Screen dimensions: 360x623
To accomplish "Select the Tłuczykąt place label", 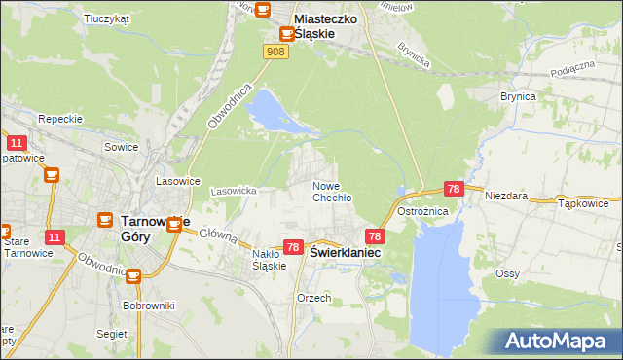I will pos(107,18).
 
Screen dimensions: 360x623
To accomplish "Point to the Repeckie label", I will pos(57,119).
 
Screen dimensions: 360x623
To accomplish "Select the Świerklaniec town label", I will pos(345,252).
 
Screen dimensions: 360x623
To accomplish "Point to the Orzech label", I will pos(313,298).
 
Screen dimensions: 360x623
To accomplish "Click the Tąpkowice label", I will pos(583,204).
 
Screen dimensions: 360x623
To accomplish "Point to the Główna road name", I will pos(219,234).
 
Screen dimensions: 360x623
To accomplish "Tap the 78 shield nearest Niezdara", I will pos(453,189).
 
